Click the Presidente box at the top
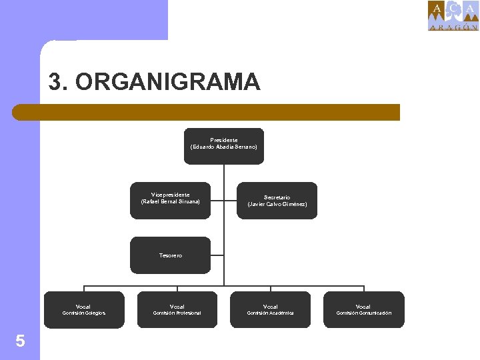223,145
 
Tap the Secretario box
277,201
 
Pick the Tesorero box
170,255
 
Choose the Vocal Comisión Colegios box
84,309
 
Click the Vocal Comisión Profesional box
177,309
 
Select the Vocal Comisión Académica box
271,309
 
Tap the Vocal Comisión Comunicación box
364,309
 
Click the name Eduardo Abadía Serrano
224,147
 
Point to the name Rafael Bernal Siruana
171,201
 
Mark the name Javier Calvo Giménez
277,204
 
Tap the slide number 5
20,341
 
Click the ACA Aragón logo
453,16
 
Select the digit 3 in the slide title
55,82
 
